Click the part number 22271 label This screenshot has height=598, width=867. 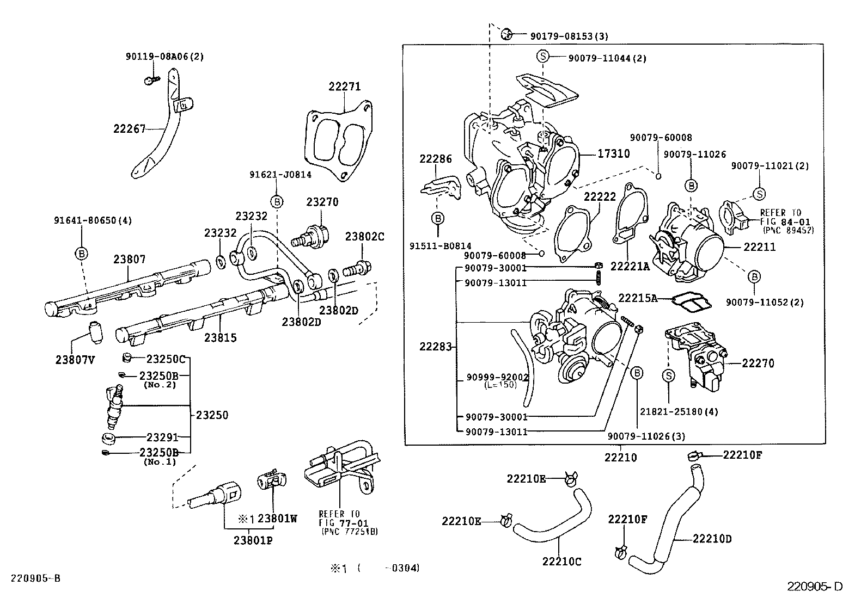click(344, 87)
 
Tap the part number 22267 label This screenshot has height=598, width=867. click(130, 129)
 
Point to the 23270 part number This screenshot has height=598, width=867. click(322, 202)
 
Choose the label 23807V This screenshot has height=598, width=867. click(76, 359)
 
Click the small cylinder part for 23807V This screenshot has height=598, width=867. click(95, 332)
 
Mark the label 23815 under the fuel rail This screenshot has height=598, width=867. click(221, 338)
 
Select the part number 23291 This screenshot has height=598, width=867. click(162, 436)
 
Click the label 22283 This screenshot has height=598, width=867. click(435, 347)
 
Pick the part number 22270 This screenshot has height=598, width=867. click(758, 363)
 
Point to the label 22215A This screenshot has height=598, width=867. click(638, 298)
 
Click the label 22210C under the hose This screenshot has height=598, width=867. click(561, 562)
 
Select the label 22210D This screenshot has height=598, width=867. click(712, 539)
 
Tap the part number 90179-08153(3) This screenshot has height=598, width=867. click(569, 36)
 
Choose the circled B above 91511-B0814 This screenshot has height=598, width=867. click(437, 218)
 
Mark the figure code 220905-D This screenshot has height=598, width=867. click(815, 586)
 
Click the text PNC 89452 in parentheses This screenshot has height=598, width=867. click(785, 230)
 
